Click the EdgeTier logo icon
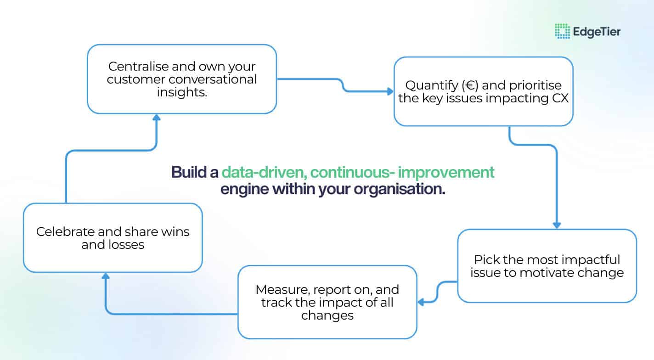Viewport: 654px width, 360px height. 562,31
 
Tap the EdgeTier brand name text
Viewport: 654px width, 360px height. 597,32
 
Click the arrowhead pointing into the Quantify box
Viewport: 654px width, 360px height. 390,91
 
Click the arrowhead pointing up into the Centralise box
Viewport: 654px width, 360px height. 157,118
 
